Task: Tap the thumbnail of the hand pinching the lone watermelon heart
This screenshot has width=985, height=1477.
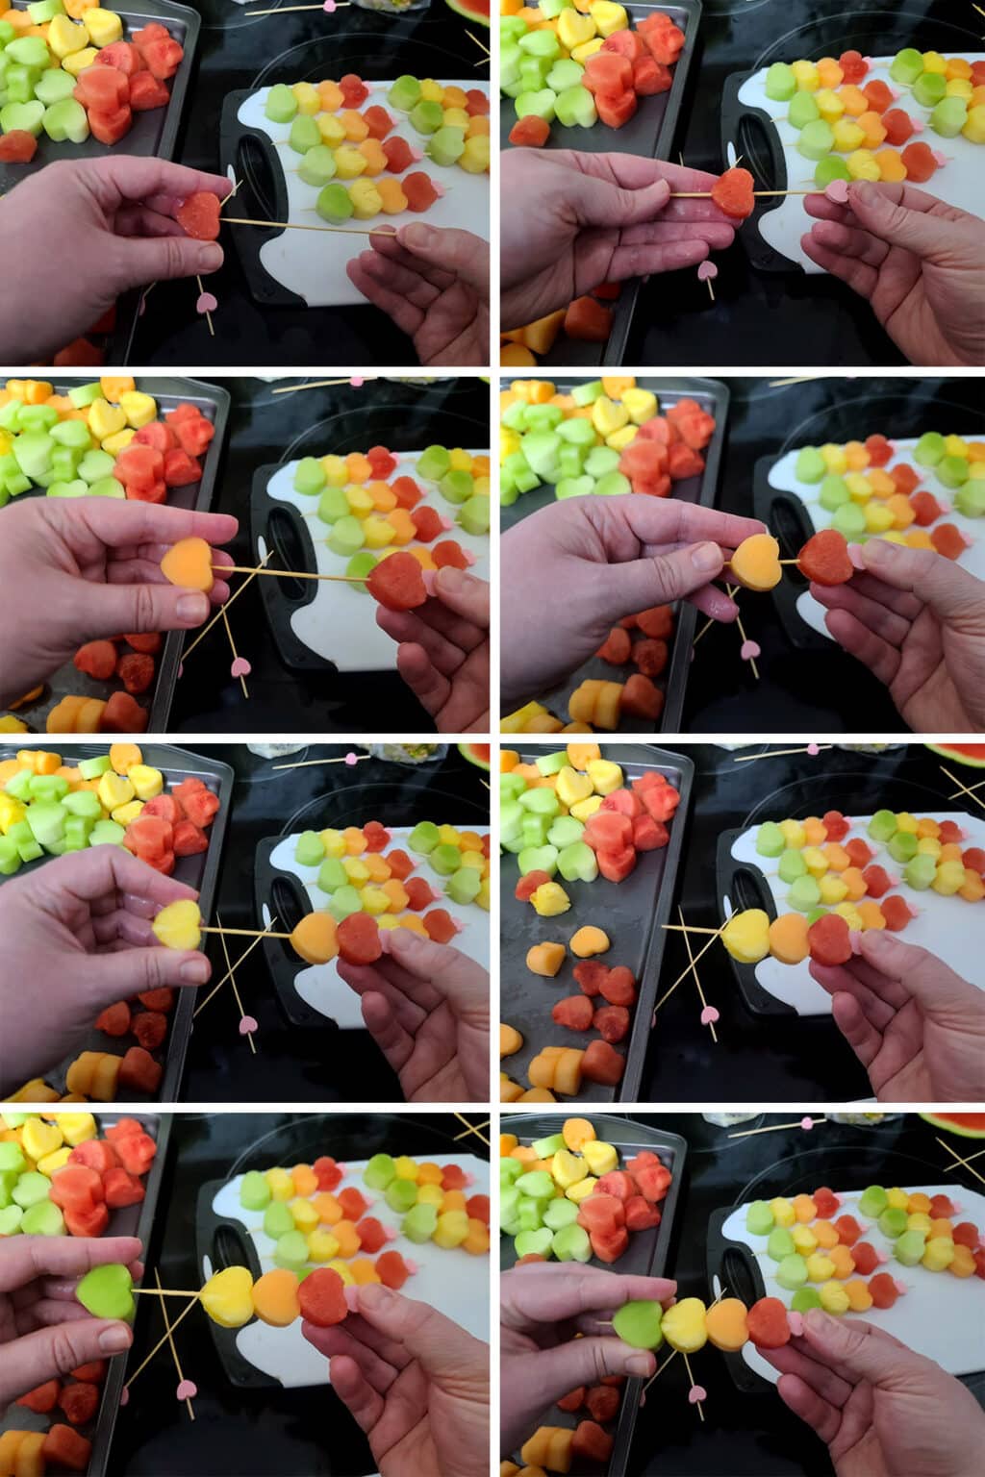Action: click(x=206, y=254)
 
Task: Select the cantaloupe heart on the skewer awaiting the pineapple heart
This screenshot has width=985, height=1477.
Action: click(x=314, y=937)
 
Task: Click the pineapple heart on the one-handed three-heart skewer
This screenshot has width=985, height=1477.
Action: click(x=745, y=935)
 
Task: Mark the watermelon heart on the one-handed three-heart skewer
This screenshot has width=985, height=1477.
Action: click(x=830, y=939)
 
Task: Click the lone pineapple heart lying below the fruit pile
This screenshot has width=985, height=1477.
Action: click(x=550, y=898)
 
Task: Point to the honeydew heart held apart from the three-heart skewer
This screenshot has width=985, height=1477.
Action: click(x=106, y=1291)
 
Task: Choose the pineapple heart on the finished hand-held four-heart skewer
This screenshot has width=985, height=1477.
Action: click(x=684, y=1325)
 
